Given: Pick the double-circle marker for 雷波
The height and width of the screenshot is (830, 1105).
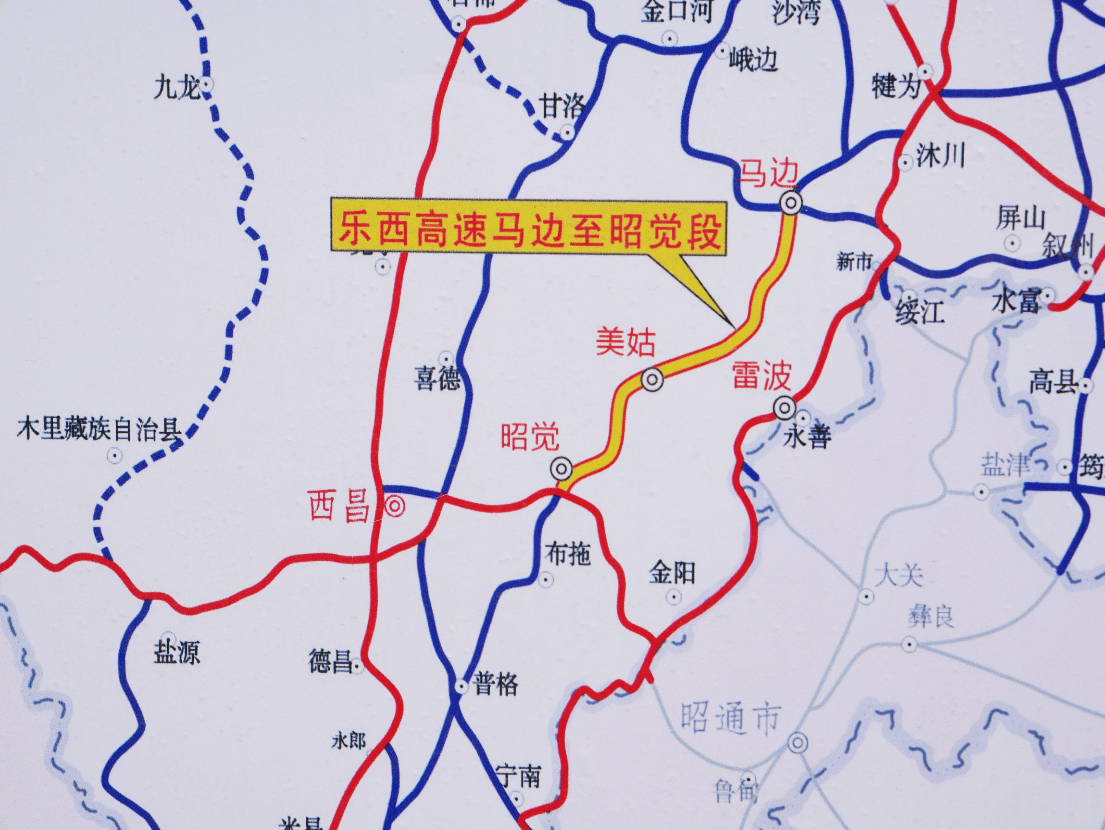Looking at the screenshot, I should pos(784,408).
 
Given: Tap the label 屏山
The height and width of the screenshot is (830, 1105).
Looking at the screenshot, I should pos(1021,218).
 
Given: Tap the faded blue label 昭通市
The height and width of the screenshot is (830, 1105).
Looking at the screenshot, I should pos(730,719).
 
